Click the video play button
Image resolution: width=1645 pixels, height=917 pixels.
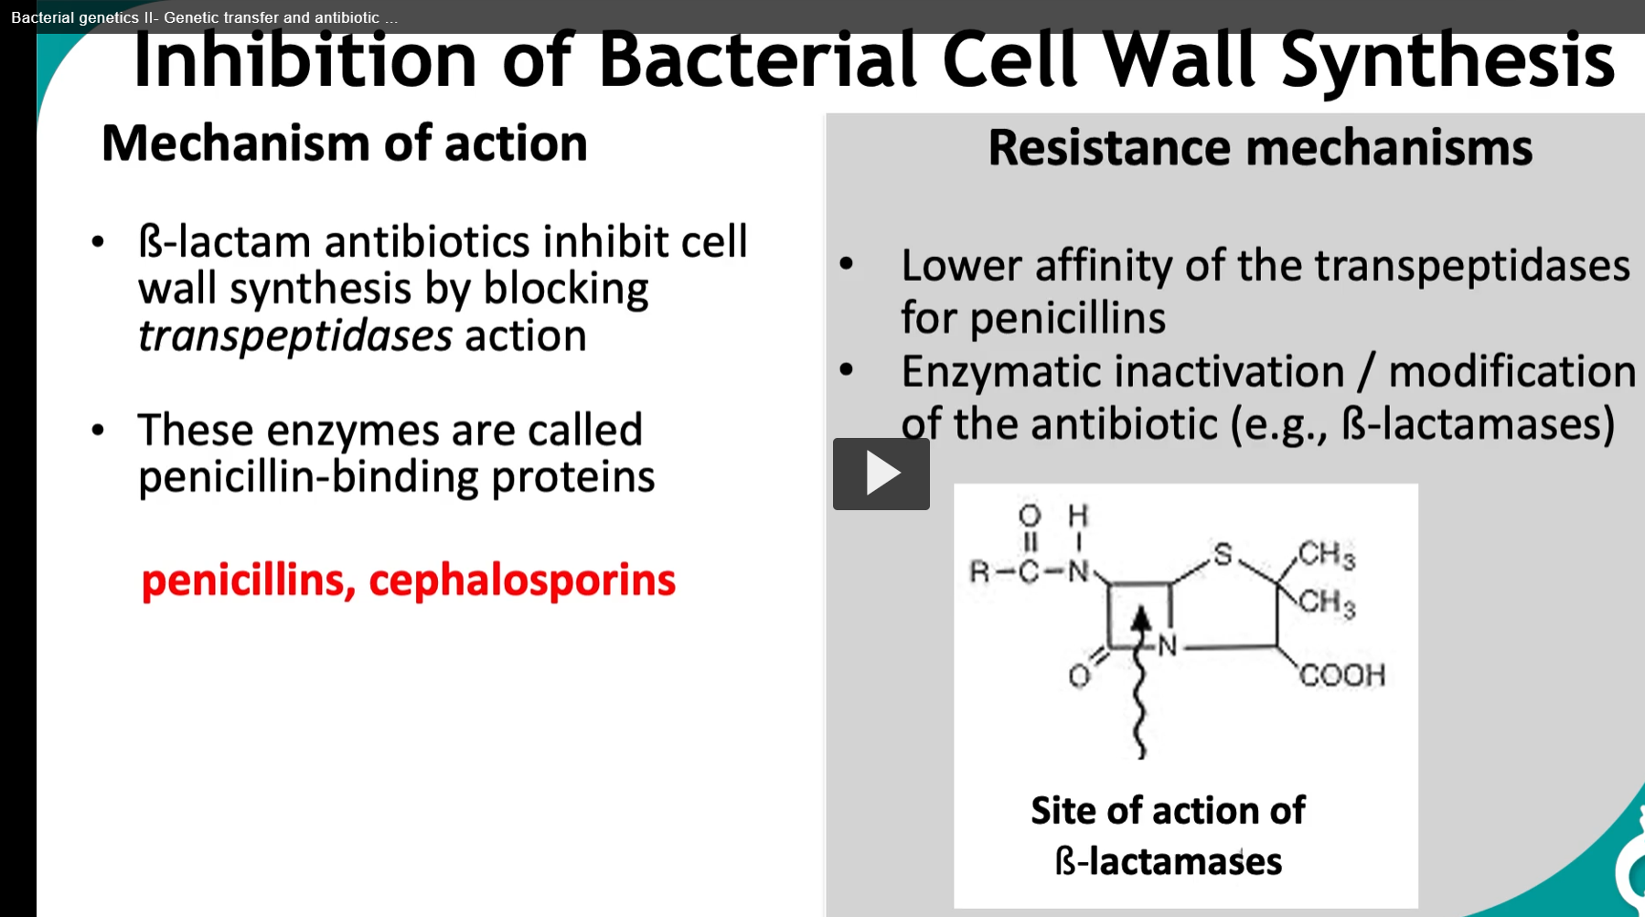pos(881,474)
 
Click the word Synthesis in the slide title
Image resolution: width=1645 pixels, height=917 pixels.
pos(1447,60)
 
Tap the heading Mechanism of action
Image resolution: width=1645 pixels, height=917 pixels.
pos(344,144)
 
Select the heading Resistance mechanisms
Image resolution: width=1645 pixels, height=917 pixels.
pos(1259,148)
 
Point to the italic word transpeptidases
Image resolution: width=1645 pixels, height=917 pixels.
pos(294,336)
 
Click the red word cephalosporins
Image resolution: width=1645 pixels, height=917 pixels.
pos(522,581)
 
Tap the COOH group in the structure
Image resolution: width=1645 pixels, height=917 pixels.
pos(1341,676)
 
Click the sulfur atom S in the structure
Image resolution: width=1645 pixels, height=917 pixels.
pos(1223,554)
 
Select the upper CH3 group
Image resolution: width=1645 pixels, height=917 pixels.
pos(1326,554)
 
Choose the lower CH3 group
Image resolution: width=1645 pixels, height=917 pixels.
pos(1326,602)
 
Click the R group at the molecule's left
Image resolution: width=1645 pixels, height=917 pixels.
pos(979,572)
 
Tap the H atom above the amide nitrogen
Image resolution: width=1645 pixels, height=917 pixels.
pos(1078,516)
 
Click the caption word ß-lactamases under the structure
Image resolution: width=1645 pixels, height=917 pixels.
pos(1168,861)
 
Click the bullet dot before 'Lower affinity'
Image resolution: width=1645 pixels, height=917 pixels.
pos(846,265)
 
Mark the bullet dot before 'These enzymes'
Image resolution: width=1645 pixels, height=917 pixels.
pos(98,430)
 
